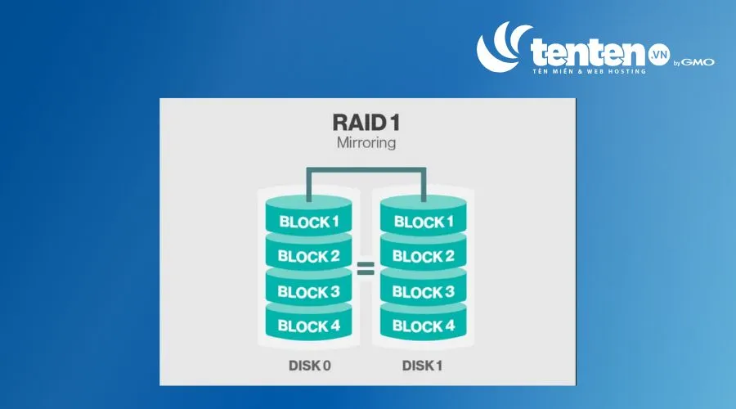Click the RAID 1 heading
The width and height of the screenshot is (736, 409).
point(366,123)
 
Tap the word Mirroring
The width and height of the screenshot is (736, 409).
point(366,142)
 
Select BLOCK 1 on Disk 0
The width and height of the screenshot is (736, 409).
point(309,222)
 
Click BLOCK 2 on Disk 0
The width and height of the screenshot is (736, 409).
point(309,256)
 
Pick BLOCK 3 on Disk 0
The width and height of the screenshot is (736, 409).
point(309,291)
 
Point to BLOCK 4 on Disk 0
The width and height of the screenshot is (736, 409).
point(309,326)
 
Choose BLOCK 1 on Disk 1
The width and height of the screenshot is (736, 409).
point(424,222)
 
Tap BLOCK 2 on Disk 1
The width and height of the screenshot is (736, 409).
point(424,256)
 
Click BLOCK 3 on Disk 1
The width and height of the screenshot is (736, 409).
point(424,291)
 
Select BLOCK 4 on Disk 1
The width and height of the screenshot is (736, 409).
point(424,326)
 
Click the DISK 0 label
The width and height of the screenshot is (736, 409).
point(310,366)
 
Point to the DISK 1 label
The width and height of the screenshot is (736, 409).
point(423,366)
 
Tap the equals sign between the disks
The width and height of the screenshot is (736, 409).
point(366,268)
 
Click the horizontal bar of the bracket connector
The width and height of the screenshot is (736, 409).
point(366,169)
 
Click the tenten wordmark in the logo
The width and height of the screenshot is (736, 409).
point(589,52)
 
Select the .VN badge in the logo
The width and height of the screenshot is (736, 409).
point(659,55)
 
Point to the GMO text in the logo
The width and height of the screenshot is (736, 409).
point(698,62)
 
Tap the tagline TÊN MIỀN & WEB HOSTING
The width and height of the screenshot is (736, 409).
point(590,71)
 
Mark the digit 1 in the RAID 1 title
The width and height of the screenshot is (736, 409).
point(395,123)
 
